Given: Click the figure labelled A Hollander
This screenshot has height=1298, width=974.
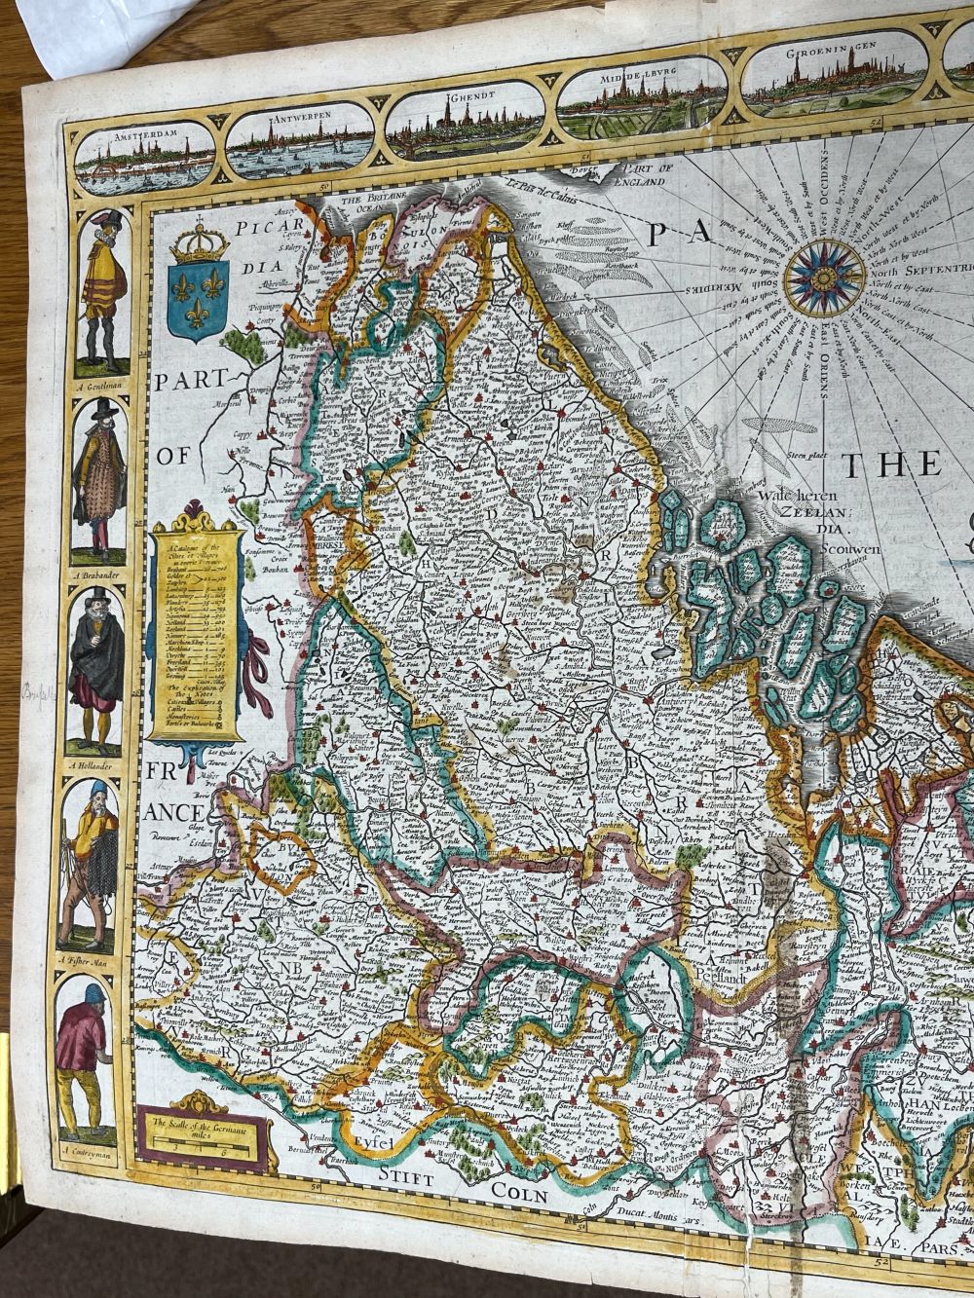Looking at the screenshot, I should coord(96,672).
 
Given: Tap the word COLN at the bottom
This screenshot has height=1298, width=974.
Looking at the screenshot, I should coord(520,1191).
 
